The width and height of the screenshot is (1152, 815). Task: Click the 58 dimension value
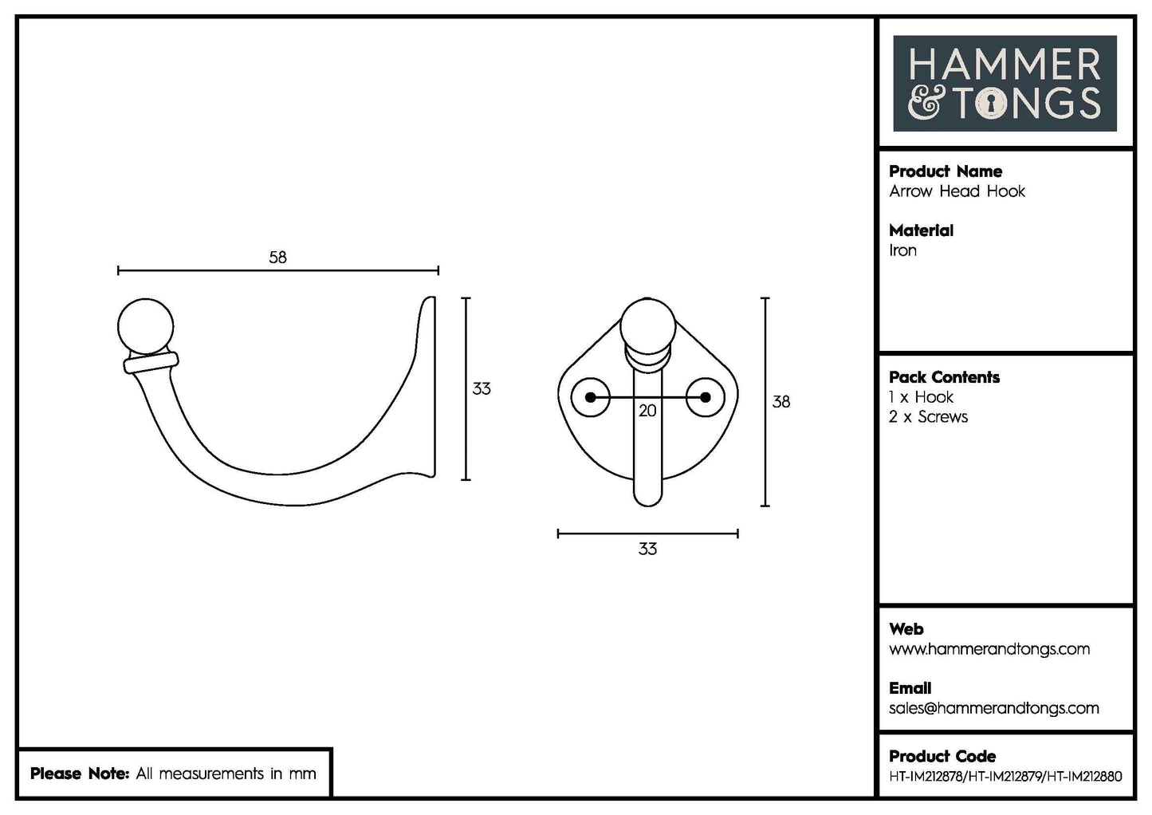277,258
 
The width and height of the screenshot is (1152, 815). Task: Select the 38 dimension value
780,402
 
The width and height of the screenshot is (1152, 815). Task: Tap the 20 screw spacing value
647,411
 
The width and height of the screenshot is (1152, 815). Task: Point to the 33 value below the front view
647,549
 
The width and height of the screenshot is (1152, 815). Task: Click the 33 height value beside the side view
482,389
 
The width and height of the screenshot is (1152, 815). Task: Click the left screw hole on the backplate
591,397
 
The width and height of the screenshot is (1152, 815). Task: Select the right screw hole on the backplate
705,397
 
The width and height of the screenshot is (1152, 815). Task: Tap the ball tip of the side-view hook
145,326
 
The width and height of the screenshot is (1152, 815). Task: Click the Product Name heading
945,171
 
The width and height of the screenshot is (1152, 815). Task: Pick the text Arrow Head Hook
957,191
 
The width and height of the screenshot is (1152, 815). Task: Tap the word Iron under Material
902,250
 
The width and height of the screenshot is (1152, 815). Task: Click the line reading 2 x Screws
928,417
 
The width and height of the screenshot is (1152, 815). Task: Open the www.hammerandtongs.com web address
989,649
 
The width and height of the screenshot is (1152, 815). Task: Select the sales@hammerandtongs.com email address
993,708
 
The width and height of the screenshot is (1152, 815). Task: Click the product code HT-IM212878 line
1005,776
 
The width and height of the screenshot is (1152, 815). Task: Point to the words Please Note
79,774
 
